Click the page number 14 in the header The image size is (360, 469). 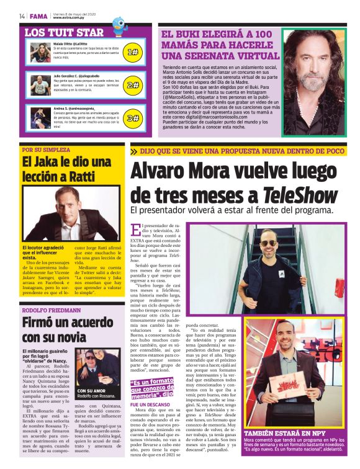(x=22, y=16)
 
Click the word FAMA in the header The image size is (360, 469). (x=38, y=16)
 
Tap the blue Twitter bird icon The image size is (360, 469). (x=119, y=24)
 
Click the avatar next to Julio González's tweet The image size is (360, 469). (x=40, y=83)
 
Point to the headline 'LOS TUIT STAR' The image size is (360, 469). (x=64, y=32)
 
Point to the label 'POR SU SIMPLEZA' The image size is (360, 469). (x=46, y=149)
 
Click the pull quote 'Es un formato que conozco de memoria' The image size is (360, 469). (x=152, y=388)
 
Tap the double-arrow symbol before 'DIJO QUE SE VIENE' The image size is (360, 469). (x=134, y=151)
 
